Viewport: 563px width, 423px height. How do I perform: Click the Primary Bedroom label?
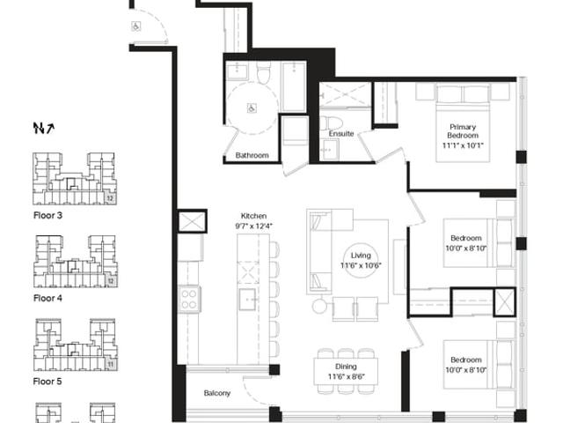point(463,131)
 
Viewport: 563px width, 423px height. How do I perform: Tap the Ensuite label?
point(341,134)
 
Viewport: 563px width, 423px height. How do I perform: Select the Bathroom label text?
point(252,155)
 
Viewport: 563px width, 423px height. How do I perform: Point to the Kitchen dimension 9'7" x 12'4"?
point(254,226)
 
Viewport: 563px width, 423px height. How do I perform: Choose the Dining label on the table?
point(346,367)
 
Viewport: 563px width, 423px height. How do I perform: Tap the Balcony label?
point(217,393)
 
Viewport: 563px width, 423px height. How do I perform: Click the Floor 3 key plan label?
point(48,215)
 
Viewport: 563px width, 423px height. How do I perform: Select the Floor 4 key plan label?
point(48,298)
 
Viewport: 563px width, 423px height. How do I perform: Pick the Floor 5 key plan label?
point(48,382)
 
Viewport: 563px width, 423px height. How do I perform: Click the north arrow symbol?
point(44,128)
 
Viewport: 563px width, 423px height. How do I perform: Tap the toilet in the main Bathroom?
point(264,72)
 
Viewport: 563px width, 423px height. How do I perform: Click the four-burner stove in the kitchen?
point(189,300)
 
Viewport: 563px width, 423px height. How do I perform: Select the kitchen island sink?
point(248,299)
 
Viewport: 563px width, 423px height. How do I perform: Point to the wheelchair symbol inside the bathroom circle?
point(252,108)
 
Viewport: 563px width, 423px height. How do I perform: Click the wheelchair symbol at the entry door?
point(136,26)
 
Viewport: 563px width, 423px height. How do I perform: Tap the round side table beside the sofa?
point(319,306)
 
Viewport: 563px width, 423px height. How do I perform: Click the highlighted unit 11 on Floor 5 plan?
point(110,365)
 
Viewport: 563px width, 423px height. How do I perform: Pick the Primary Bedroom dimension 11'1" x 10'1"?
point(463,145)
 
